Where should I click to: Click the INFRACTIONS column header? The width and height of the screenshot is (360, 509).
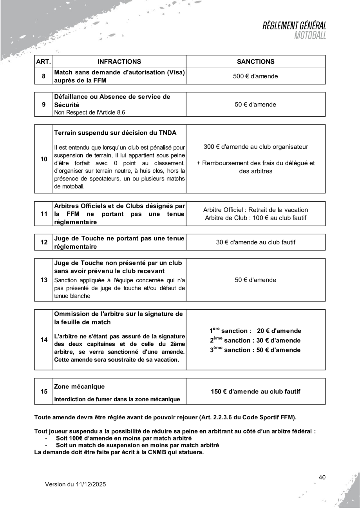coord(119,61)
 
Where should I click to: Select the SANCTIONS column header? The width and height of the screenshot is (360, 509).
coord(256,61)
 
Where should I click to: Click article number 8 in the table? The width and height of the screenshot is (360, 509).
coord(43,76)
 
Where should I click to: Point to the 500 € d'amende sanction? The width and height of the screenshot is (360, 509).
coord(256,76)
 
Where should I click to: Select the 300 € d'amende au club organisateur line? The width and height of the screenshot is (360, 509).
coord(256,147)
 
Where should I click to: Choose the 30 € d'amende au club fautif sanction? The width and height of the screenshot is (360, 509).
coord(256,242)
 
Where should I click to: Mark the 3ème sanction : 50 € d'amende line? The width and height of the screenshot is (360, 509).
coord(256,349)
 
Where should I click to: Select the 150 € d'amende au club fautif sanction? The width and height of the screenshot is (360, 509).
coord(256,391)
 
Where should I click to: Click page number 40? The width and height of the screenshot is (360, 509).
coord(322,477)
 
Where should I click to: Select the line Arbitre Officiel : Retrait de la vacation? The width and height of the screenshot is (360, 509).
coord(256,210)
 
